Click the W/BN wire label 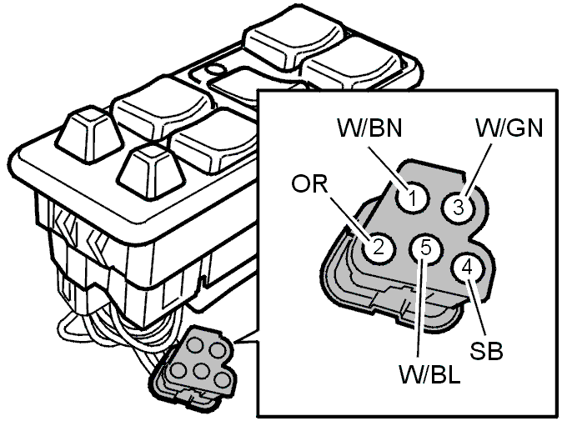click(369, 128)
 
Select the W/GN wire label click(509, 128)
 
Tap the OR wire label click(309, 184)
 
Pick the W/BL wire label click(429, 374)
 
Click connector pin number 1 click(413, 197)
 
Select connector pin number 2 click(378, 247)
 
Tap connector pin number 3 click(459, 207)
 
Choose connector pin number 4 click(468, 268)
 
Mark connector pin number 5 click(425, 248)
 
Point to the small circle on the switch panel click(215, 69)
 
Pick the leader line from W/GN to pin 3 click(477, 168)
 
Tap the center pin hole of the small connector click(202, 371)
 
